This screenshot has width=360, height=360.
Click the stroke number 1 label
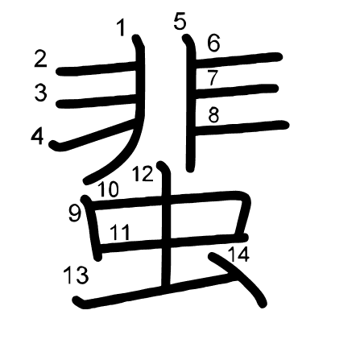click(122, 28)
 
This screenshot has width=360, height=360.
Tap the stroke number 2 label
click(41, 60)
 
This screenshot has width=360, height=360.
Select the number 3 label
click(41, 93)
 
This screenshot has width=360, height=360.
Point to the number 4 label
click(37, 137)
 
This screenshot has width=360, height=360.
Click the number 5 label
click(180, 22)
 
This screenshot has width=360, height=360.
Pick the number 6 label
click(214, 43)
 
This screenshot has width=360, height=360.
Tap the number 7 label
click(213, 78)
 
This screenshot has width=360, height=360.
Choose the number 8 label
click(213, 115)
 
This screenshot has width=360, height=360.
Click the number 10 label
click(108, 189)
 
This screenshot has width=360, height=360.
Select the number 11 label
click(120, 233)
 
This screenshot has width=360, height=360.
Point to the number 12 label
click(143, 174)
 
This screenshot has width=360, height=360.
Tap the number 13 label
click(76, 275)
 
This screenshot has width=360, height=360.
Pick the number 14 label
click(238, 254)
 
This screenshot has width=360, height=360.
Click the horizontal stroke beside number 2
click(97, 68)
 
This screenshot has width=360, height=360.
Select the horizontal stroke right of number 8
click(242, 128)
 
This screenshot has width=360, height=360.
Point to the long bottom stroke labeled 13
click(155, 292)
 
